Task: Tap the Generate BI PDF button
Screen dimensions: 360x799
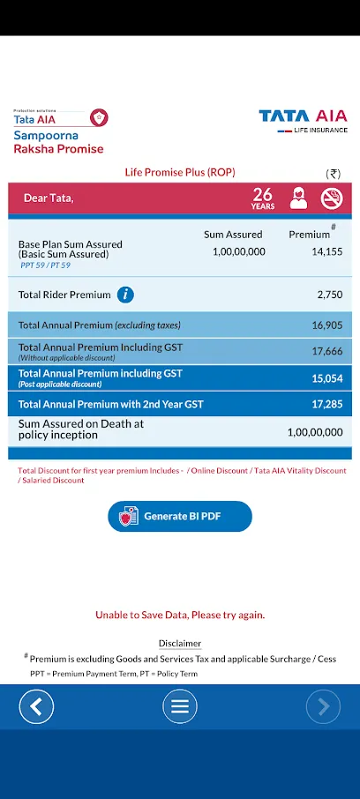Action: [x=179, y=516]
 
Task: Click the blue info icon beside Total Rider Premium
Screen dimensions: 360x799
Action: [x=125, y=295]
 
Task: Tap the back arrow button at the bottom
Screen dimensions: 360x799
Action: [x=36, y=706]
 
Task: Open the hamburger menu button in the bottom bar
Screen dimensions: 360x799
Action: [x=179, y=706]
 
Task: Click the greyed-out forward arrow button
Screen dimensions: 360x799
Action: [x=323, y=706]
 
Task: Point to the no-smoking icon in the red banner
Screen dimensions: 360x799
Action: [x=332, y=198]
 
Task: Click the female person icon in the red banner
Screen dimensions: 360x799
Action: [x=298, y=198]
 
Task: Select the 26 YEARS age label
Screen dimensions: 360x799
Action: [x=263, y=198]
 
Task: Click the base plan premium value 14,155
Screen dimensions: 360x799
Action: [x=326, y=251]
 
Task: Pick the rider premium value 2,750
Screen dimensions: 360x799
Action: [x=330, y=295]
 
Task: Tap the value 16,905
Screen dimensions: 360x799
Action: [x=326, y=325]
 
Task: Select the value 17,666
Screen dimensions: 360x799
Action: [x=326, y=351]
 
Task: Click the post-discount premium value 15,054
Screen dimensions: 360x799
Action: [x=326, y=378]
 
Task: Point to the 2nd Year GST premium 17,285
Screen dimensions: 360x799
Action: [x=326, y=405]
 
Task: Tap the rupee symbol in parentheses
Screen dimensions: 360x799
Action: [x=334, y=174]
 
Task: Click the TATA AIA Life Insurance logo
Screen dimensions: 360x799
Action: [x=303, y=122]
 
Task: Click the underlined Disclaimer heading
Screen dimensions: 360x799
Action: [x=180, y=643]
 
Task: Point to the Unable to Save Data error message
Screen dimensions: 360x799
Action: [x=180, y=615]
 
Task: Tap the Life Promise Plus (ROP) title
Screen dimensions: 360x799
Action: [x=180, y=173]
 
